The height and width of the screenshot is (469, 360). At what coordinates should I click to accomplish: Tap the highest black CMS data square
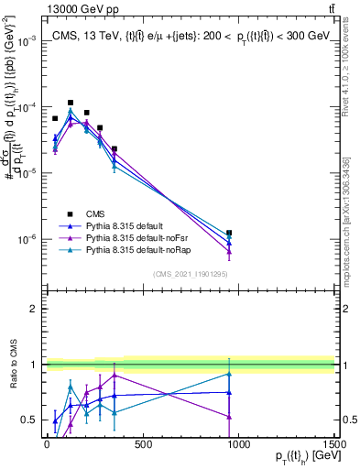(x=71, y=103)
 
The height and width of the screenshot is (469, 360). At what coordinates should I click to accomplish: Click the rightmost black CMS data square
(x=229, y=233)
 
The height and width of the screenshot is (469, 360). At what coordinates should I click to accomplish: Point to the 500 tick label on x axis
(x=142, y=446)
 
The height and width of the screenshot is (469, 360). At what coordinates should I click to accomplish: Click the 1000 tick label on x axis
(x=238, y=446)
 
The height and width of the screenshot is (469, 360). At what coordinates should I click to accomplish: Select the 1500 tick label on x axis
(x=334, y=446)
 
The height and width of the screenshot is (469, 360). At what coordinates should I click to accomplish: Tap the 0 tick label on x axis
(x=47, y=446)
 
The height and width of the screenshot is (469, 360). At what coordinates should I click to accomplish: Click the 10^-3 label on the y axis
(x=25, y=41)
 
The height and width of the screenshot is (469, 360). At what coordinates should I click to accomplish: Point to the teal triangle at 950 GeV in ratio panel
(x=229, y=374)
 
